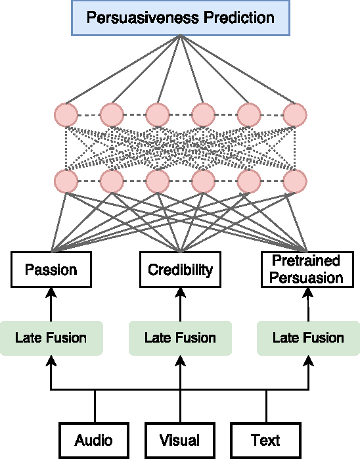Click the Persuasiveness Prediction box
point(180,18)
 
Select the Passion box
point(51,270)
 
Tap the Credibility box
point(180,270)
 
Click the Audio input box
point(93,440)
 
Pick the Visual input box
point(179,440)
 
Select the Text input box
point(265,440)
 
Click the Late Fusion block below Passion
point(51,338)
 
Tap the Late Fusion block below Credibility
point(180,338)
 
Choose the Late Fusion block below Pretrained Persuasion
point(308,338)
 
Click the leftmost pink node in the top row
point(66,114)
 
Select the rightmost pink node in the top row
point(295,114)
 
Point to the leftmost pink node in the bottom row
point(66,180)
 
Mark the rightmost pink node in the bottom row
point(295,180)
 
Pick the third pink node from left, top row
point(158,114)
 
